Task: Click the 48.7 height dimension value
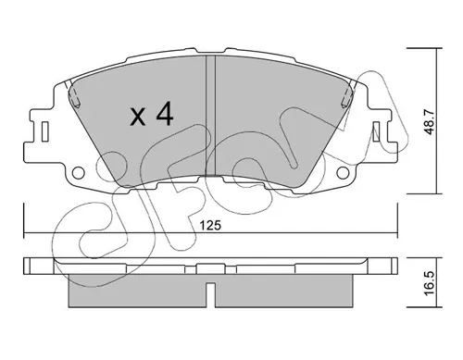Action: click(x=430, y=123)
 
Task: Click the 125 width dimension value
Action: click(x=210, y=226)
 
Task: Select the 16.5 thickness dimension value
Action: click(x=430, y=283)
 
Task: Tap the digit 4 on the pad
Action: click(x=165, y=114)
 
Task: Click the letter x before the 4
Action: click(x=138, y=118)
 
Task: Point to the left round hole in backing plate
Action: click(x=79, y=172)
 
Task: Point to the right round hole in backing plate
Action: click(x=343, y=172)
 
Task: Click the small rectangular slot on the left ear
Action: click(x=45, y=131)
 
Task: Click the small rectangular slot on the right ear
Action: click(x=376, y=131)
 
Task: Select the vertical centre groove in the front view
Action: click(x=210, y=116)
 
